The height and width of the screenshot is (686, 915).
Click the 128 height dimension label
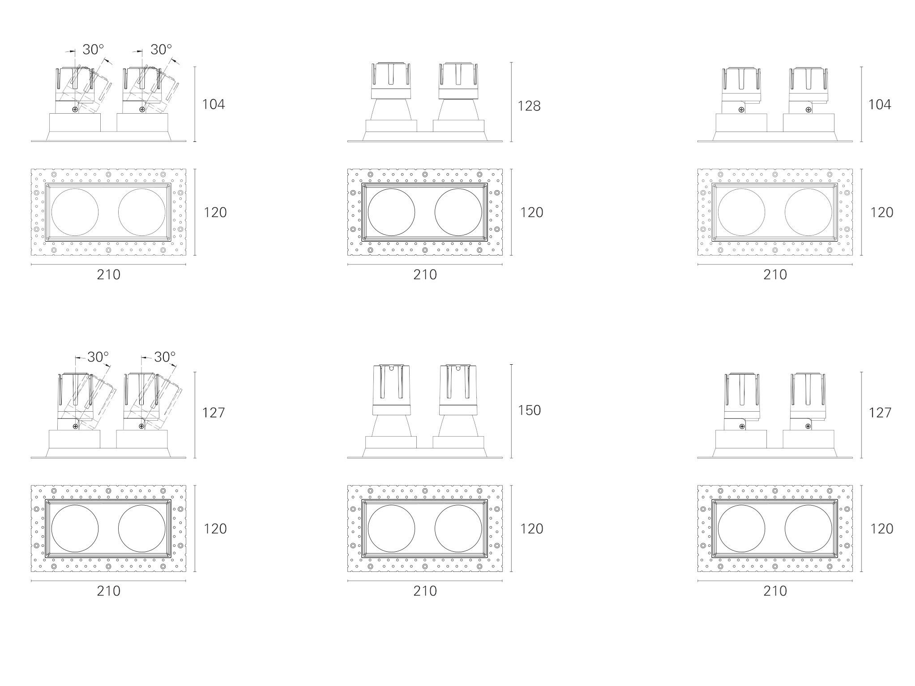coord(529,106)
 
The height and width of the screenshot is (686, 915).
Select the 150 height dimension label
coord(529,410)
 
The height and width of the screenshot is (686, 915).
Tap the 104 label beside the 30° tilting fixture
coord(214,104)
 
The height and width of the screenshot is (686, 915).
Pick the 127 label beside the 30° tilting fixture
coord(213,412)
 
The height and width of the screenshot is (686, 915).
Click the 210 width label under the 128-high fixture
coord(425,275)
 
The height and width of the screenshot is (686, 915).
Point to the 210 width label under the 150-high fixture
coord(425,591)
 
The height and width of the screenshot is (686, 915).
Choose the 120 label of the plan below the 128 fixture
coord(531,212)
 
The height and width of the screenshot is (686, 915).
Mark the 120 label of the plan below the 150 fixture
coord(531,528)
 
